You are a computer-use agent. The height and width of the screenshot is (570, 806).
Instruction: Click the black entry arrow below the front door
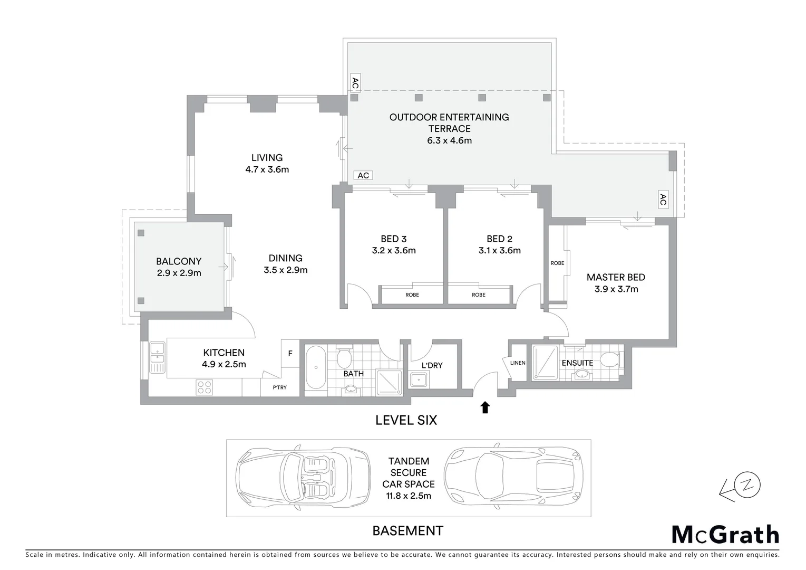click(x=485, y=407)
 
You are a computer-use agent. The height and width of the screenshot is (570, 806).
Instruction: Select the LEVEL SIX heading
click(x=406, y=420)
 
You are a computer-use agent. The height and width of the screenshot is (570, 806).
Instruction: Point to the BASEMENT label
click(x=407, y=530)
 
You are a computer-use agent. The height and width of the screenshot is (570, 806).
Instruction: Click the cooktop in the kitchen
click(x=204, y=387)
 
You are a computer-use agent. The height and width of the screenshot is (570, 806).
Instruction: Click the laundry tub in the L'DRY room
click(x=420, y=379)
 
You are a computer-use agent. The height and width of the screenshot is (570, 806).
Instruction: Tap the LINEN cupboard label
click(x=518, y=363)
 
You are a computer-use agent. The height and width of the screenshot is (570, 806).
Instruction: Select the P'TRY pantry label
click(x=280, y=387)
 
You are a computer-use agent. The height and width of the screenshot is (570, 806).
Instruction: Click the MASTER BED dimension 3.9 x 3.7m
click(x=616, y=289)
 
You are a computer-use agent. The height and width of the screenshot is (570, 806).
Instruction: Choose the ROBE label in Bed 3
click(x=412, y=294)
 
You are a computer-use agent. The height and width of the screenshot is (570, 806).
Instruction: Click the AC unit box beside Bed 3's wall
click(x=363, y=175)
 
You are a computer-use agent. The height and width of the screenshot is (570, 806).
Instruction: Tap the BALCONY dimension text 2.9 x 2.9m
click(x=179, y=273)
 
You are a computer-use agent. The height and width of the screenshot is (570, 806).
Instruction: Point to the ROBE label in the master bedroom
click(x=557, y=263)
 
